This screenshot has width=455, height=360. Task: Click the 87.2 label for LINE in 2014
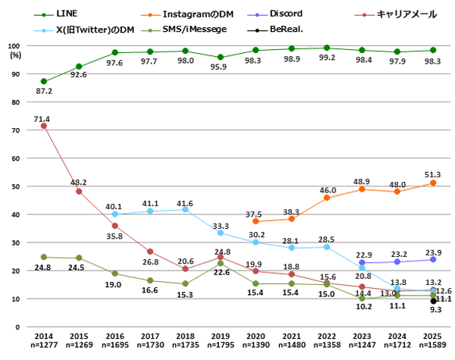pyautogui.click(x=43, y=91)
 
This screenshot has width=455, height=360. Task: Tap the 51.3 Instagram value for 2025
pyautogui.click(x=433, y=174)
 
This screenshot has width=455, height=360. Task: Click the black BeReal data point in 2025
pyautogui.click(x=433, y=301)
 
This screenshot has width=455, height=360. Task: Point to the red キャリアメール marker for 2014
pyautogui.click(x=43, y=126)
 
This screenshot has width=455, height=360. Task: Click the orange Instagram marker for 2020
pyautogui.click(x=256, y=221)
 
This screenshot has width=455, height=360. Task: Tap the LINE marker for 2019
pyautogui.click(x=220, y=57)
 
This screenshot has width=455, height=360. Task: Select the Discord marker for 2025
pyautogui.click(x=433, y=259)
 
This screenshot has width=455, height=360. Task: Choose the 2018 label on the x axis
pyautogui.click(x=185, y=335)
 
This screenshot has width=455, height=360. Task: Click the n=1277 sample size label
pyautogui.click(x=43, y=345)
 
